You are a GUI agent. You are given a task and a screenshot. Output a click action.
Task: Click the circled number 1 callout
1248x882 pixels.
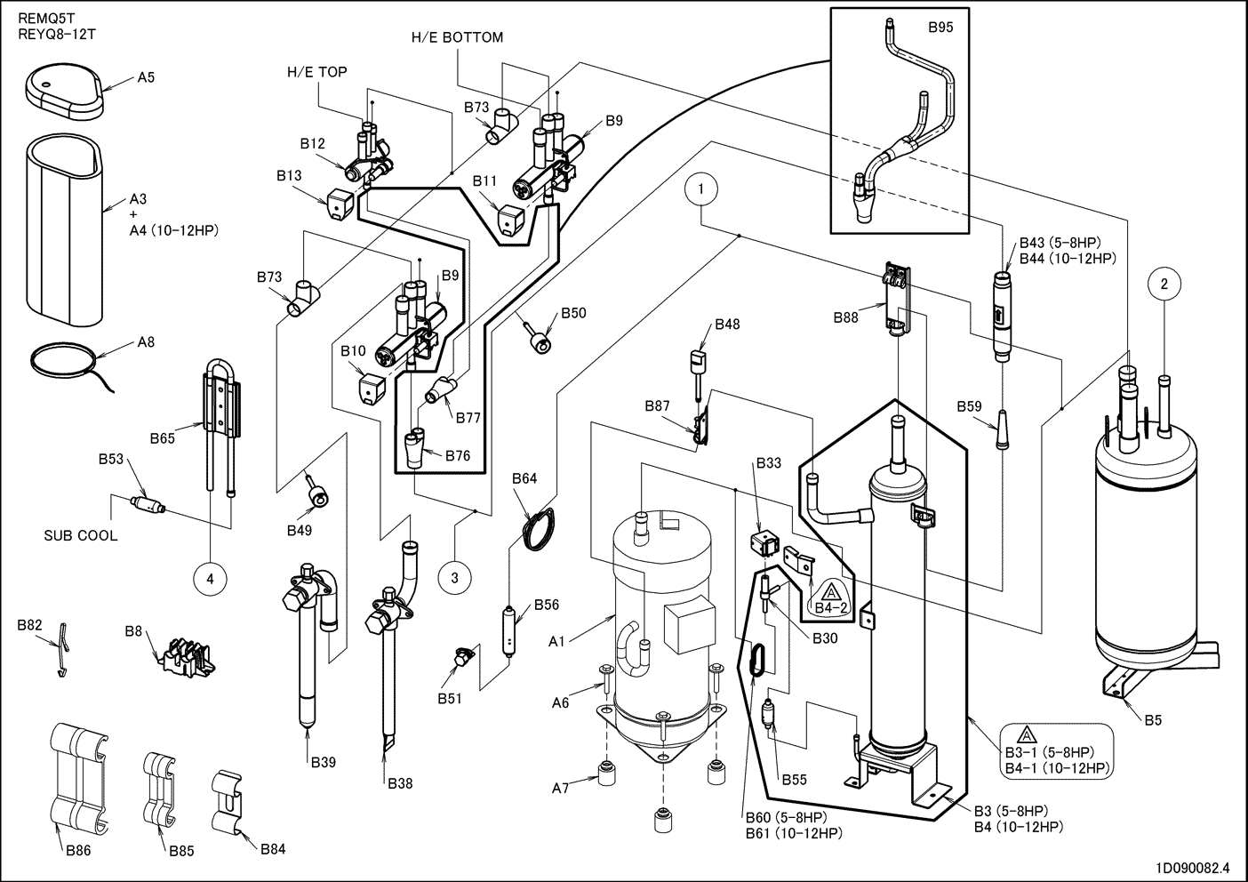pos(701,188)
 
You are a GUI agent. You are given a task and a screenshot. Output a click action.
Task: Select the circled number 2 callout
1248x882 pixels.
pos(1164,285)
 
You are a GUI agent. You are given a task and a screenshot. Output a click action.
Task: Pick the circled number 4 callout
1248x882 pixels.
pos(210,579)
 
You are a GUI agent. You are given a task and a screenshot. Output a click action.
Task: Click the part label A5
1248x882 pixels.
pos(146,78)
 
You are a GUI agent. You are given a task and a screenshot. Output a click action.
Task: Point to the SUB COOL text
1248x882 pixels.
pos(81,536)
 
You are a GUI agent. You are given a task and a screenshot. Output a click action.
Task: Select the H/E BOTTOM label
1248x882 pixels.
pos(457,37)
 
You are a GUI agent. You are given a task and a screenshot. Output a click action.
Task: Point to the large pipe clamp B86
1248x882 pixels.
pos(80,774)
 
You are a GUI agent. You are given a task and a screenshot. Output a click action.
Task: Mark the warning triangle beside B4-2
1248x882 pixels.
pos(830,592)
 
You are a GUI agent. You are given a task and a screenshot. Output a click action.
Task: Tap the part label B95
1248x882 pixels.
pos(940,28)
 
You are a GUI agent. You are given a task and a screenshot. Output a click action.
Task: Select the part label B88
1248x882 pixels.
pos(845,317)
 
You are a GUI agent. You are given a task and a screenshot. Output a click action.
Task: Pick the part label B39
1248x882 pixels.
pos(324,762)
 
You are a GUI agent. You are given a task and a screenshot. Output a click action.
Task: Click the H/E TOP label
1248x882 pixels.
pos(316,72)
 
